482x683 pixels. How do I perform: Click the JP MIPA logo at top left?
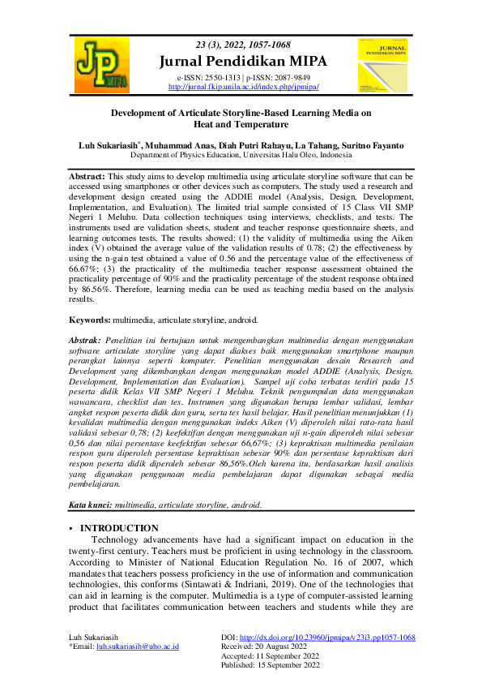[100, 63]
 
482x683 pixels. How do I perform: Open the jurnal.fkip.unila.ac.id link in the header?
[243, 85]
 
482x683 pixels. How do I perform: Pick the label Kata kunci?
[90, 505]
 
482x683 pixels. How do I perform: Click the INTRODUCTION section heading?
[124, 528]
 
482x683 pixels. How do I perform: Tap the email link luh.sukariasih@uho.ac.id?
[138, 646]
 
